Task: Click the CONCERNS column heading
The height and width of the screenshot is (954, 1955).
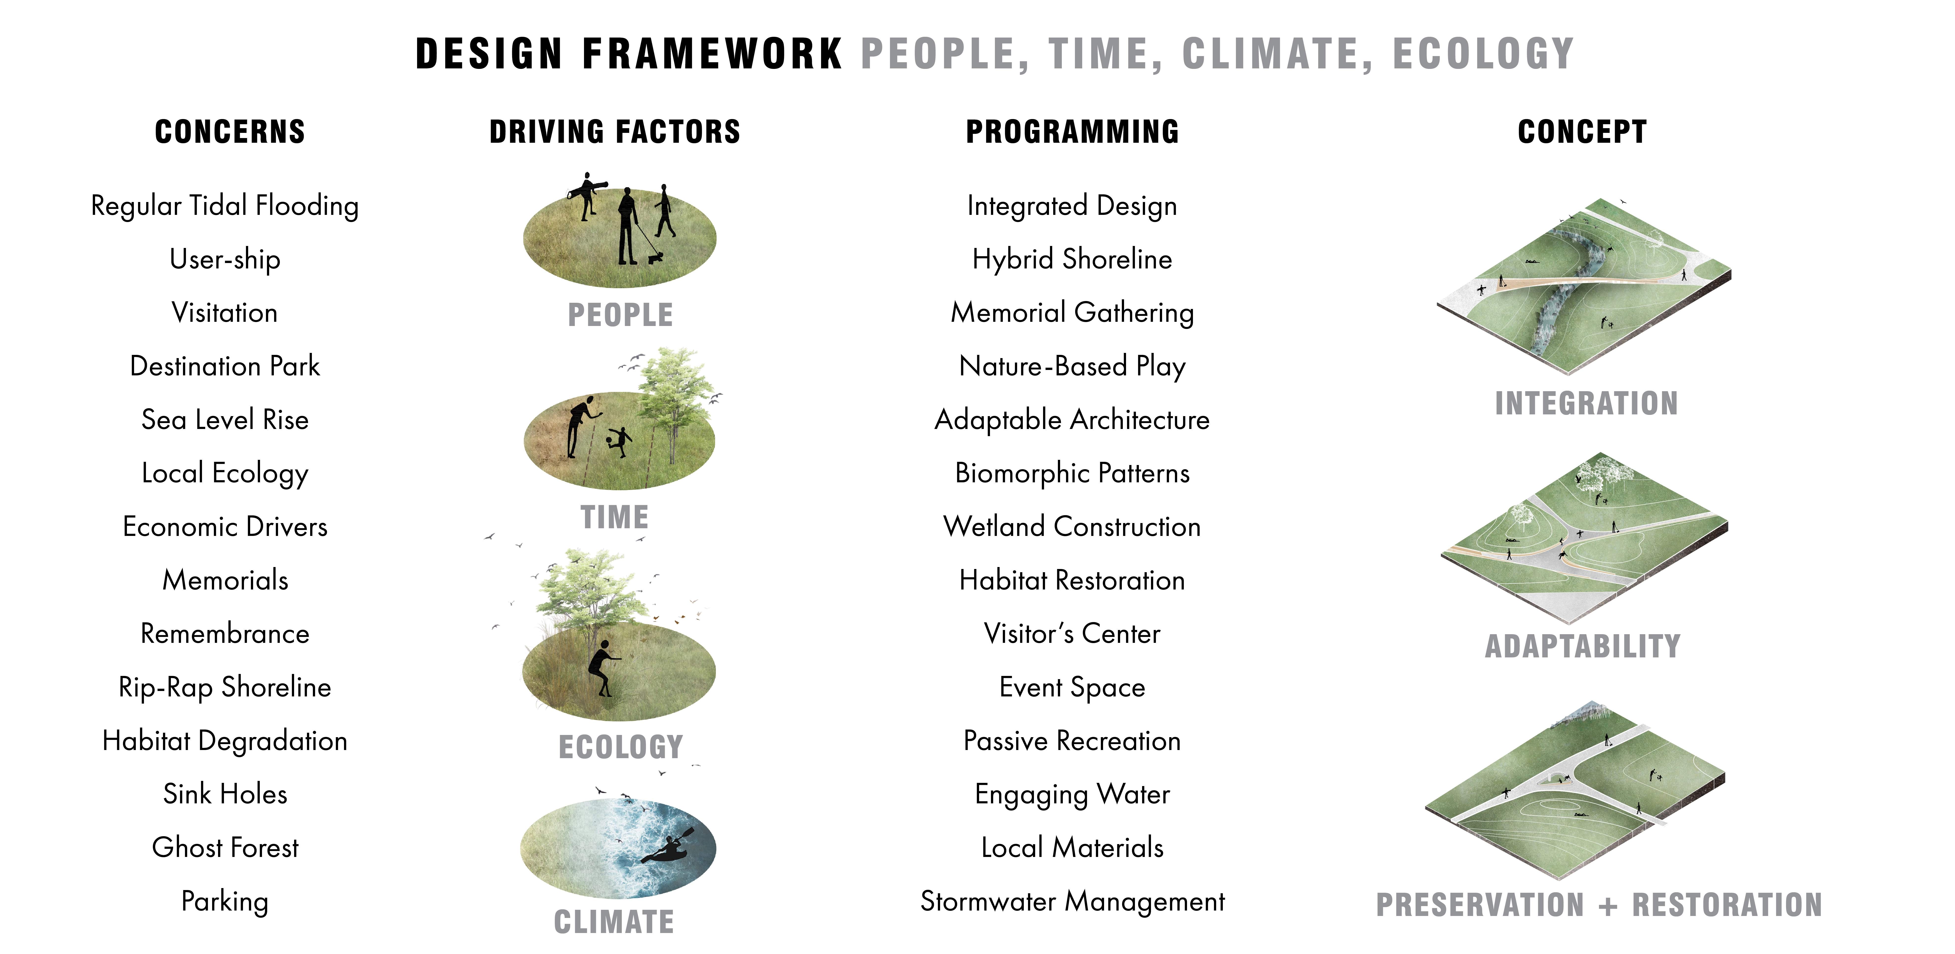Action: (230, 132)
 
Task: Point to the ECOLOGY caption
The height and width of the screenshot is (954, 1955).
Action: (621, 747)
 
